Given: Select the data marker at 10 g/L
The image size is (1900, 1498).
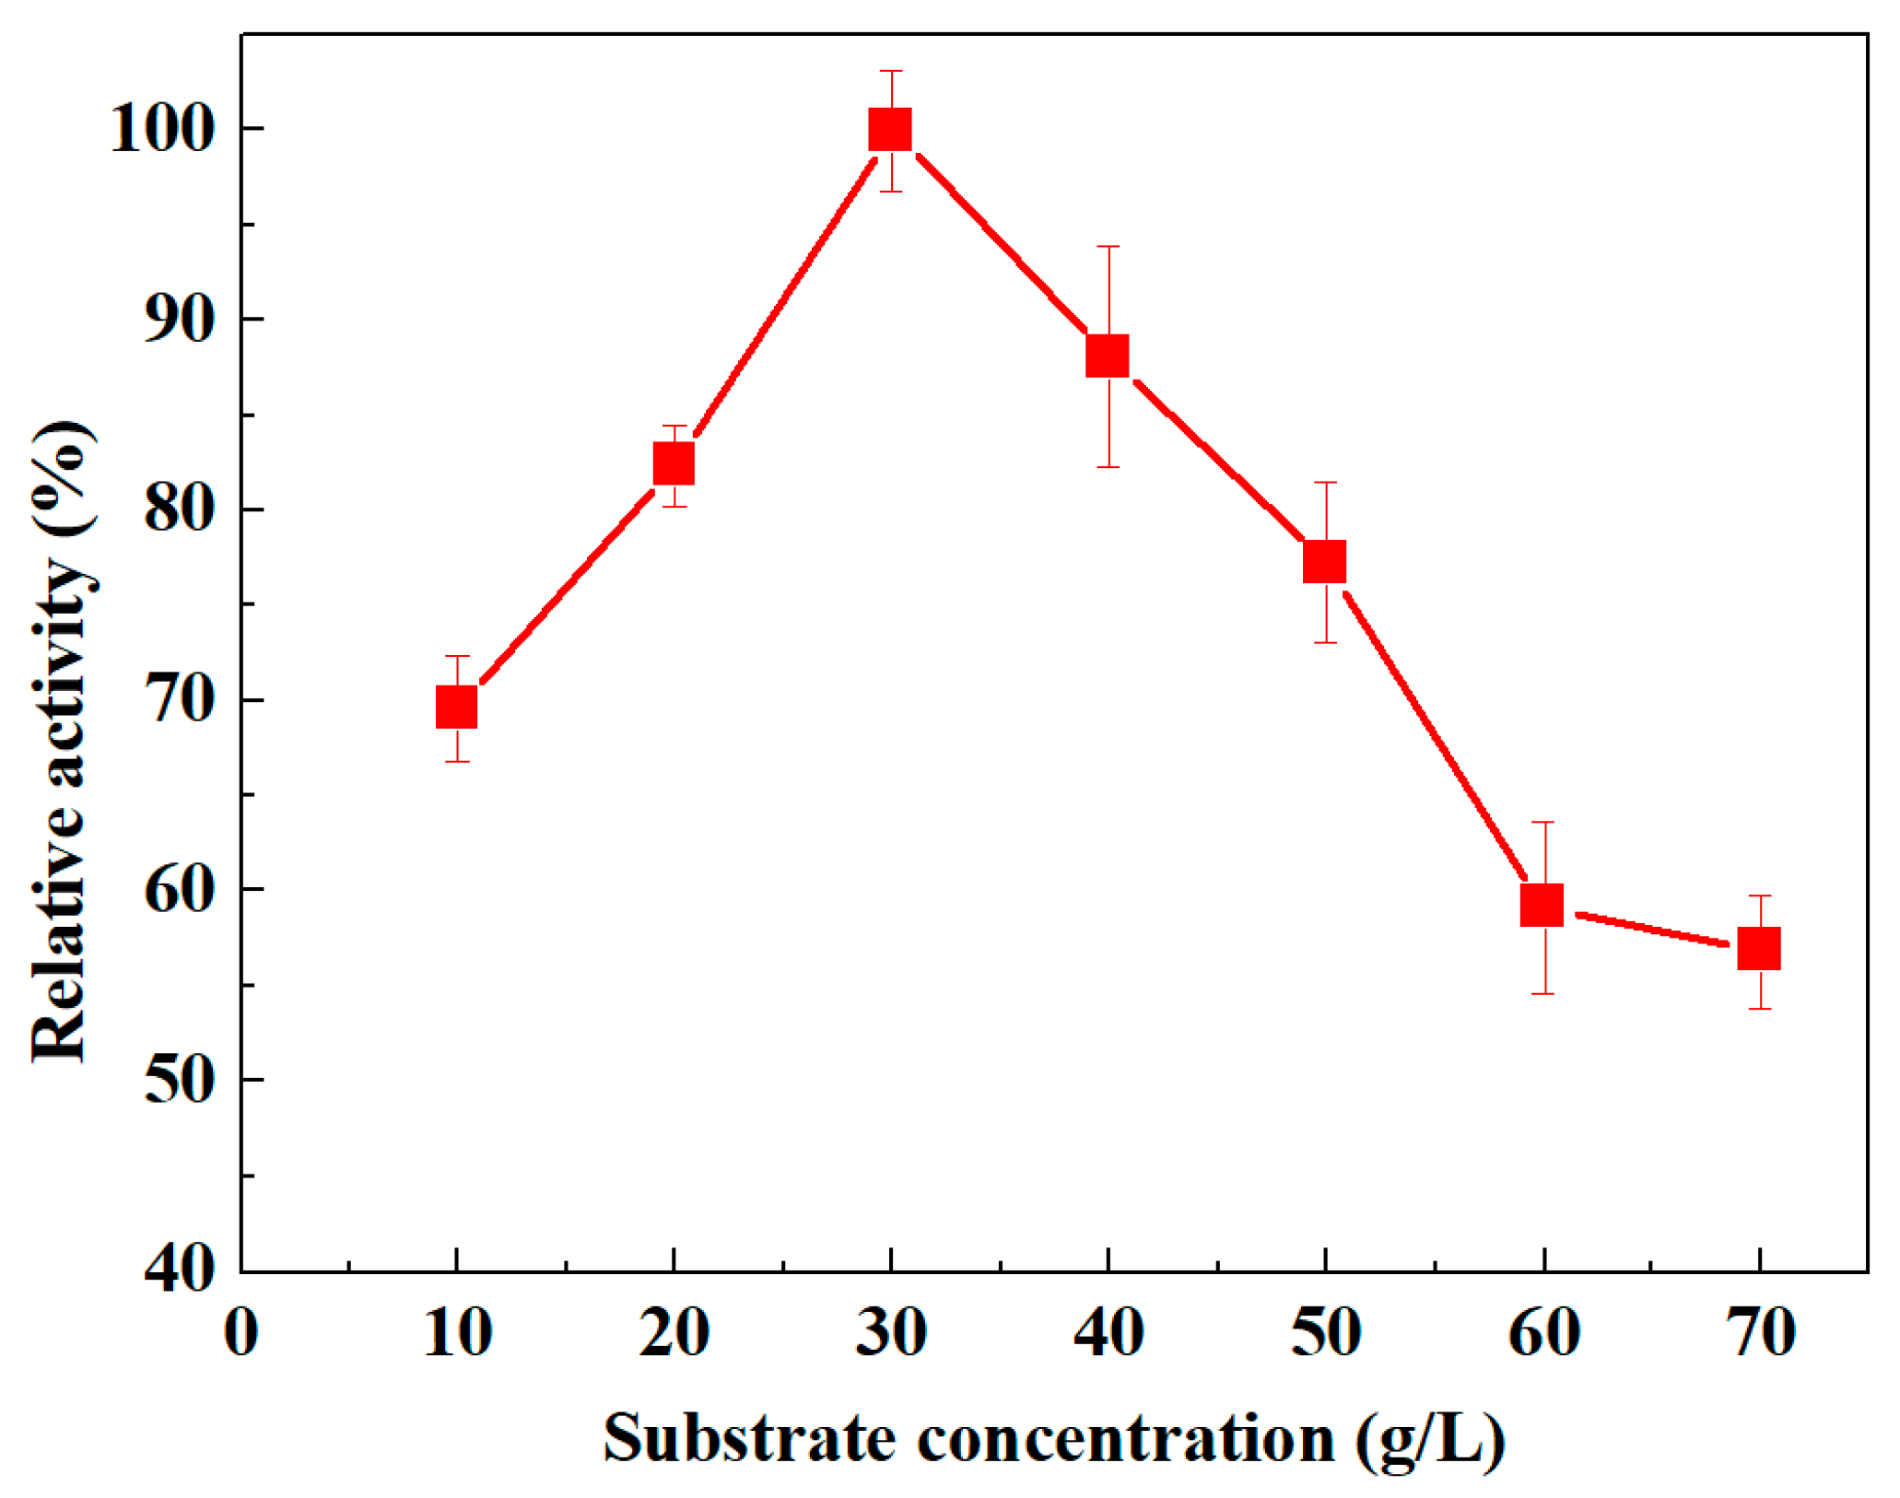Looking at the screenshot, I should click(x=456, y=707).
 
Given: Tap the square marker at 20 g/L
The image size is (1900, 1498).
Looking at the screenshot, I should click(x=674, y=463).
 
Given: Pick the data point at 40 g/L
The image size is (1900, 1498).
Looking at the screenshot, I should click(x=1108, y=356).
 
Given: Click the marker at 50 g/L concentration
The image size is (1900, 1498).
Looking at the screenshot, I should click(x=1325, y=562).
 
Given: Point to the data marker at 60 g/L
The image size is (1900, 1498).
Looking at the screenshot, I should click(x=1542, y=905).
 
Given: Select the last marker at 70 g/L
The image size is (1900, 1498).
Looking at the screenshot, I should click(x=1759, y=949).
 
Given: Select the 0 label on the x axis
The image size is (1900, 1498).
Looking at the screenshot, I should click(x=241, y=1332).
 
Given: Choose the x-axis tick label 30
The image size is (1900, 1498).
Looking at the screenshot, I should click(x=890, y=1332).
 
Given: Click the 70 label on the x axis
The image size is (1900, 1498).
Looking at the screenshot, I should click(x=1759, y=1332).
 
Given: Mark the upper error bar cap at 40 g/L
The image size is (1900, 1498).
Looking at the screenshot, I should click(x=1108, y=247).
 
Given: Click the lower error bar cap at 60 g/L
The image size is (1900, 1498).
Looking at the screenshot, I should click(x=1542, y=993).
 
